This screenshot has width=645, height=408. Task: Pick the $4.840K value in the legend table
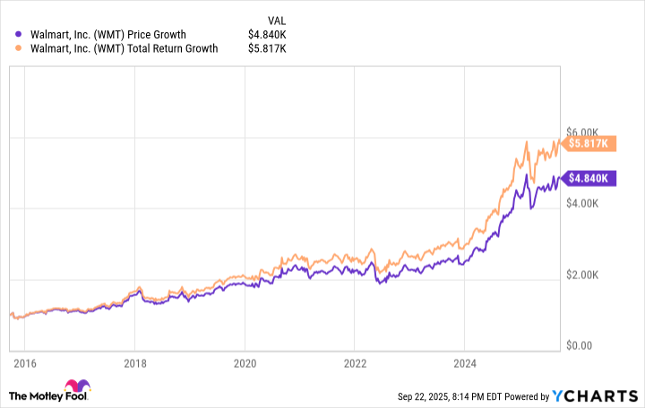tap(269, 35)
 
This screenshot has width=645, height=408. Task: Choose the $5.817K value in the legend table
tap(269, 49)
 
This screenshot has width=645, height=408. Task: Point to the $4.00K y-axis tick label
tap(588, 204)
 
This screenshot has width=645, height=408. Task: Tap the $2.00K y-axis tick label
tap(588, 275)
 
